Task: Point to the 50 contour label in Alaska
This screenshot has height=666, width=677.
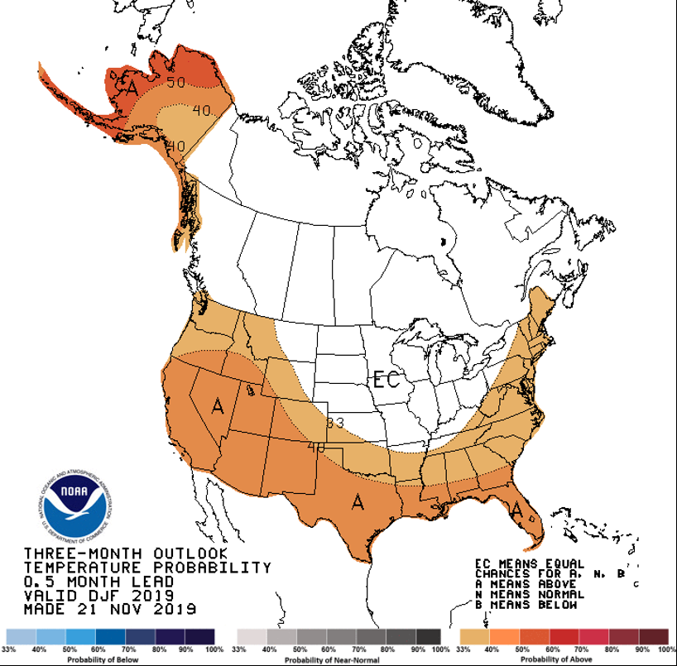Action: tap(175, 83)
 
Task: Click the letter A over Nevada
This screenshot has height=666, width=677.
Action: tap(218, 406)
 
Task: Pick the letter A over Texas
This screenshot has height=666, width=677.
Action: tap(358, 501)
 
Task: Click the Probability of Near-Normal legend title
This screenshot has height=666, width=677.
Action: tap(338, 660)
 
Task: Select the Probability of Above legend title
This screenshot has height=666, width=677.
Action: tap(562, 660)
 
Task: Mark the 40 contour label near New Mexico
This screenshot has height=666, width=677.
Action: tap(315, 448)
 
